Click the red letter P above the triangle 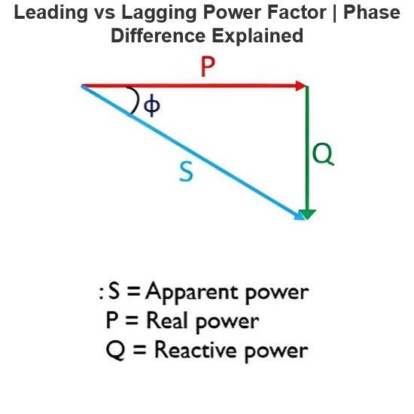click(x=208, y=67)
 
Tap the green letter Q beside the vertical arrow click(x=323, y=154)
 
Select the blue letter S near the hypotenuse click(x=186, y=172)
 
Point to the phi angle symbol click(x=152, y=105)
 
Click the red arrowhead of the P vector click(x=302, y=86)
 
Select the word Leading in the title click(x=50, y=14)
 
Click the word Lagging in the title click(x=159, y=14)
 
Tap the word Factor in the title click(x=297, y=13)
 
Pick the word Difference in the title click(x=158, y=36)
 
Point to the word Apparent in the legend click(x=192, y=293)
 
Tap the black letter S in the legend click(x=114, y=291)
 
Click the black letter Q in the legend click(x=115, y=350)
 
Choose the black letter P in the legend click(x=111, y=320)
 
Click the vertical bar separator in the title click(x=335, y=14)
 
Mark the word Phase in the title click(x=372, y=13)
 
